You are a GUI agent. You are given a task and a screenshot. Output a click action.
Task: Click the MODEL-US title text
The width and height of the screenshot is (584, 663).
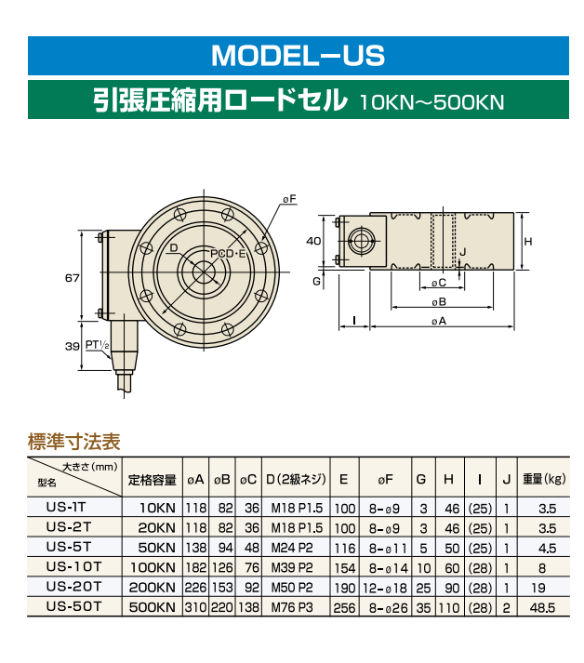298,56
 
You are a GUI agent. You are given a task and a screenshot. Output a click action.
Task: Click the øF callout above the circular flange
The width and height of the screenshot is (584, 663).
288,199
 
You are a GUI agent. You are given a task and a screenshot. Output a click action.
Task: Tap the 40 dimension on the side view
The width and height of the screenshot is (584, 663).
313,240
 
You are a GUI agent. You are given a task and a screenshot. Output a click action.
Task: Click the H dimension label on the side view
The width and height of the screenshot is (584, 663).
528,241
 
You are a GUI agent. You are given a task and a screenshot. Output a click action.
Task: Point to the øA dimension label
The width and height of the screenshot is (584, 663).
440,321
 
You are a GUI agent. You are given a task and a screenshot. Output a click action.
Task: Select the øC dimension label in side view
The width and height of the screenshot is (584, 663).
439,282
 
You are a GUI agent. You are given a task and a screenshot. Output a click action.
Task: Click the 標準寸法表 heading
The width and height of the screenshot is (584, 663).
74,441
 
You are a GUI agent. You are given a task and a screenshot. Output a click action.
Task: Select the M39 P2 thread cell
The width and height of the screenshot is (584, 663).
296,566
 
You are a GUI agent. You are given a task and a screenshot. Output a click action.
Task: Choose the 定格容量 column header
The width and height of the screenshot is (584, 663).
152,480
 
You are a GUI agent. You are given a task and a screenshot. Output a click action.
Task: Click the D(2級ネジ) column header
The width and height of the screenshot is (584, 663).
296,480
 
